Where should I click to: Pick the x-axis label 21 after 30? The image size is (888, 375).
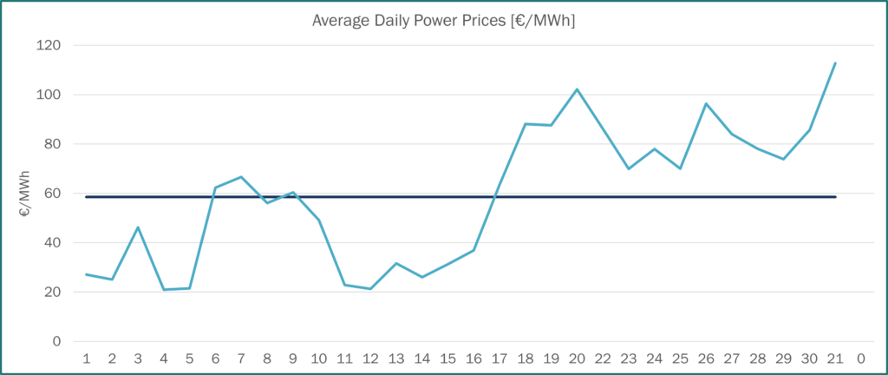(x=834, y=359)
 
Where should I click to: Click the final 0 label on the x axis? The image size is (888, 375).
(x=860, y=359)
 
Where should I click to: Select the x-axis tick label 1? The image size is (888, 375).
(x=86, y=359)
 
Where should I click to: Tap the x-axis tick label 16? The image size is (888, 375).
(x=473, y=359)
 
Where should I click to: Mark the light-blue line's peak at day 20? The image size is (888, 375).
(x=577, y=89)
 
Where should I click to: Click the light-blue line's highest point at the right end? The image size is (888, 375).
(x=834, y=62)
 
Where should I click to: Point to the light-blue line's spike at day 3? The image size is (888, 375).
(x=138, y=227)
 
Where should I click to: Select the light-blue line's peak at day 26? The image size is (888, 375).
(x=706, y=103)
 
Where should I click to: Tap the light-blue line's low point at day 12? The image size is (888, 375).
(x=370, y=288)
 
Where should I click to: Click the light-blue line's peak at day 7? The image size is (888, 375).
(x=241, y=177)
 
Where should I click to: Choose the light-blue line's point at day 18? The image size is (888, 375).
(x=526, y=123)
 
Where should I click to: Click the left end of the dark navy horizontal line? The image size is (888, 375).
(x=86, y=197)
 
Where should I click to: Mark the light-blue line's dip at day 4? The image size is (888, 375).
(x=164, y=289)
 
